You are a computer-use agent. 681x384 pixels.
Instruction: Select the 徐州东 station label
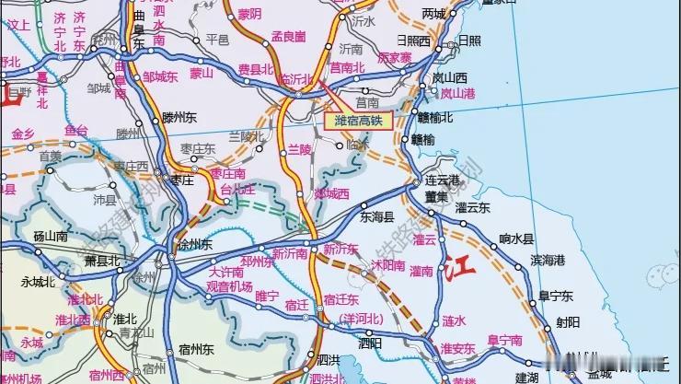tap(194, 245)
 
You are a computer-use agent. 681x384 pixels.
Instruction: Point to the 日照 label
tap(469, 40)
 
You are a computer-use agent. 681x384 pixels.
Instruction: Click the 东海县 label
tap(376, 218)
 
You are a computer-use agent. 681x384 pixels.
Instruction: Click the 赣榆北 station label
tap(435, 117)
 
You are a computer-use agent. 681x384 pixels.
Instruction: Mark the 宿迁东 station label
tap(340, 300)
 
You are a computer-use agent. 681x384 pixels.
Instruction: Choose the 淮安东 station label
tap(457, 348)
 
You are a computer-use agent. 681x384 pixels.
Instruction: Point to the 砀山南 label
tap(52, 238)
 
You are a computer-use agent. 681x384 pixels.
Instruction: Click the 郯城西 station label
tap(331, 193)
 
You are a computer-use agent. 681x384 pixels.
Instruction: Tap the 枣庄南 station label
tap(227, 172)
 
